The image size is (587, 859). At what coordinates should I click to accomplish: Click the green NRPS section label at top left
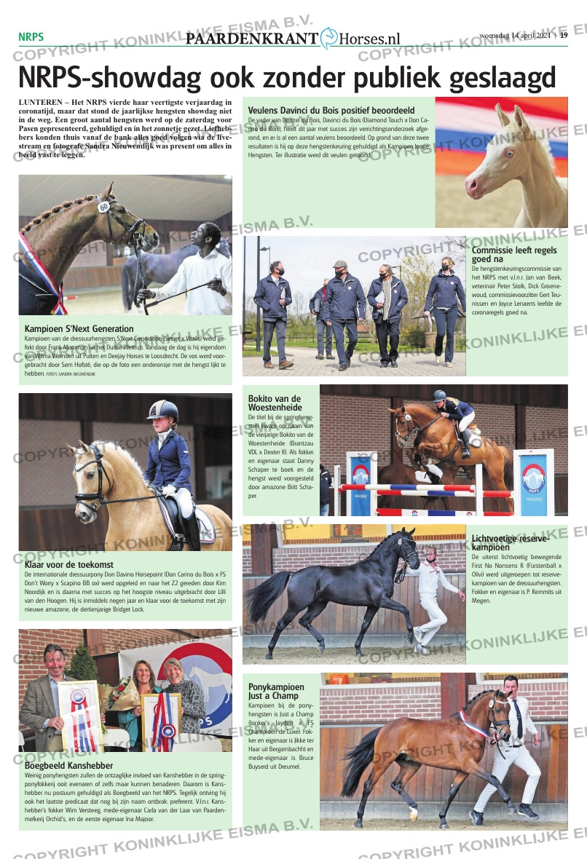[31, 36]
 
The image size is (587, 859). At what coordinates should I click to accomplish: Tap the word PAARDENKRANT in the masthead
[252, 39]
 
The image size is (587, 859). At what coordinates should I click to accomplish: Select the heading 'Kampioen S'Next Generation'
[79, 328]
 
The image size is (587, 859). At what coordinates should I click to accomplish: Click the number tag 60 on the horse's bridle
[104, 207]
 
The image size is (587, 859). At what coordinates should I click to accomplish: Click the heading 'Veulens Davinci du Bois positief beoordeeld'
[331, 111]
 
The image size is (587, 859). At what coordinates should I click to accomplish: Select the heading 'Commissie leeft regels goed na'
[514, 254]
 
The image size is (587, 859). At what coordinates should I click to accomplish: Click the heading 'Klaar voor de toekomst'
[69, 564]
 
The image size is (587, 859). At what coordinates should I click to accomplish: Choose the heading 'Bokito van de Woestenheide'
[275, 403]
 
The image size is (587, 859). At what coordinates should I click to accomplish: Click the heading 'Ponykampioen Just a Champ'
[277, 691]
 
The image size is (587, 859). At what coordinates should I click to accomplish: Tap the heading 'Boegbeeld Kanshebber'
[69, 765]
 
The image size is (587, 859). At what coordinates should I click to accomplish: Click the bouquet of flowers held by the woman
[120, 693]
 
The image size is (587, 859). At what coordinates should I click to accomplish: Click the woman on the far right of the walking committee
[445, 302]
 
